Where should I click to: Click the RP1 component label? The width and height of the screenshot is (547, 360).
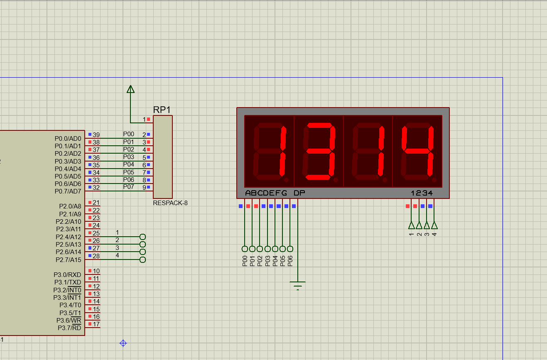[162, 110]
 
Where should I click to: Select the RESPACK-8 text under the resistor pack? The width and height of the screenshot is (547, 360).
[170, 203]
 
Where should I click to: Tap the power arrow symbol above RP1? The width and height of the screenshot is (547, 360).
[131, 89]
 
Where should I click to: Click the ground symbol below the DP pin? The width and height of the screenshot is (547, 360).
[297, 286]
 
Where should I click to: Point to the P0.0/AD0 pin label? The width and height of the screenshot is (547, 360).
[68, 139]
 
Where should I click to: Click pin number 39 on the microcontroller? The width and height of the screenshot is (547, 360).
[96, 135]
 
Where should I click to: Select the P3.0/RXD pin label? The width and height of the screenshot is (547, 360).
[67, 275]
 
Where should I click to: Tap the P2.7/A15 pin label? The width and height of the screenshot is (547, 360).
[69, 260]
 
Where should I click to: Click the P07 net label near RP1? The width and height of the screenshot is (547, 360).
[129, 187]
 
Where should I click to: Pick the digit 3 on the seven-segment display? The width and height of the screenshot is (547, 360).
[319, 151]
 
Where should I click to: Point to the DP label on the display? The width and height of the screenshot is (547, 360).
[299, 193]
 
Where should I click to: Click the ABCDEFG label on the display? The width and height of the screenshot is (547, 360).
[266, 193]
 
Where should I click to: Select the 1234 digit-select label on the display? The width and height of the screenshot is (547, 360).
[422, 193]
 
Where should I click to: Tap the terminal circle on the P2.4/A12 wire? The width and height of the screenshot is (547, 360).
[142, 237]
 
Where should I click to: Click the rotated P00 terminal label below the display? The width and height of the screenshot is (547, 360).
[245, 261]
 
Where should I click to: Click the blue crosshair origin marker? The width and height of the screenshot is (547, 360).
[123, 343]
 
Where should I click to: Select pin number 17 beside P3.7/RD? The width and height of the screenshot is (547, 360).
[96, 324]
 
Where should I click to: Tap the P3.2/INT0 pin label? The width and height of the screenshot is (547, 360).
[67, 290]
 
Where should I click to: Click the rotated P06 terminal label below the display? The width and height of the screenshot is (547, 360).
[290, 261]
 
